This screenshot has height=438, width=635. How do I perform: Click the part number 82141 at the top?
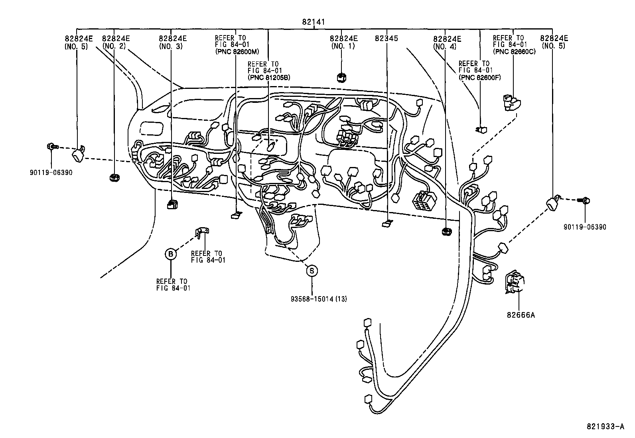tap(313, 22)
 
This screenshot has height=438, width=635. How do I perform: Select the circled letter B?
tap(171, 254)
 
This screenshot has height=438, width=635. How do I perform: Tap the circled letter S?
tap(312, 271)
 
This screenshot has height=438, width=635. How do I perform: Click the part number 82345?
tap(387, 38)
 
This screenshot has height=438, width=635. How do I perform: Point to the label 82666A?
tap(521, 315)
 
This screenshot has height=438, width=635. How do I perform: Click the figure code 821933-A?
tap(605, 427)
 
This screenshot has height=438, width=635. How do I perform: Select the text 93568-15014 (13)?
tap(319, 299)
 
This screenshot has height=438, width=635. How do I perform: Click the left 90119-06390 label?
tap(51, 173)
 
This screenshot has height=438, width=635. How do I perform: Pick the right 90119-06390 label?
tap(585, 227)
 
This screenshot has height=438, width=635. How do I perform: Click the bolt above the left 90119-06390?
tap(52, 147)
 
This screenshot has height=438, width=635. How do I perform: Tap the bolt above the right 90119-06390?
tap(584, 200)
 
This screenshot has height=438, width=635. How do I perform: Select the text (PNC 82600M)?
tap(237, 52)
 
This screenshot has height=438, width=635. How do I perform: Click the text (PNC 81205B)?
tap(269, 78)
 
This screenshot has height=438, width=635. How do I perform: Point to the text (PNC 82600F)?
tap(480, 77)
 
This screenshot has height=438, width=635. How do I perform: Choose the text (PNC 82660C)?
tap(514, 52)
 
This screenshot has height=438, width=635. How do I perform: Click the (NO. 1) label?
tap(343, 46)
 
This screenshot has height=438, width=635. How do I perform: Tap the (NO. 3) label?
tap(171, 46)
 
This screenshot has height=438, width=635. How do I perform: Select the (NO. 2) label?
tap(114, 46)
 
